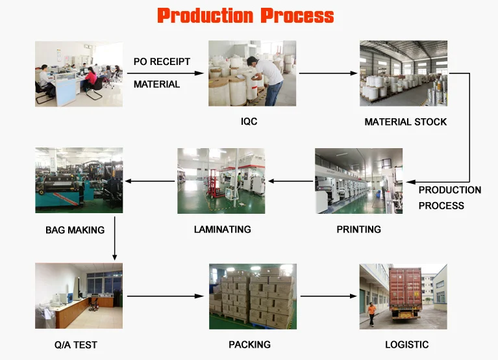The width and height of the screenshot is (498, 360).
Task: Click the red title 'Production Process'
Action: pos(245,16)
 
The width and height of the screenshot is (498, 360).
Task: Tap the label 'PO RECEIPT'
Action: pos(162,61)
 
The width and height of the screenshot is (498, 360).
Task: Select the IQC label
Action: pos(249,122)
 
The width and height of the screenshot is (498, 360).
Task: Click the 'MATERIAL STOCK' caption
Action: pos(406,122)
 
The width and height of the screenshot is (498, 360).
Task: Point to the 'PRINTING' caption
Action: pos(358,229)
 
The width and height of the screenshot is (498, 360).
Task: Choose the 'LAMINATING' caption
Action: pos(222,229)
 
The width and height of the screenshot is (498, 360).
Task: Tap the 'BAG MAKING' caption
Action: pos(75,230)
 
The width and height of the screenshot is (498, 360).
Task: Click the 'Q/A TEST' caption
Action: pos(75,345)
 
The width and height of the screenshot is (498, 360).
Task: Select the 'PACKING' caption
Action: pos(249,344)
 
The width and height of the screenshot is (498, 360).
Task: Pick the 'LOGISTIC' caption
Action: pos(407,344)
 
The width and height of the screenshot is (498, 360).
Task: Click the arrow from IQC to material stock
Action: pos(328,73)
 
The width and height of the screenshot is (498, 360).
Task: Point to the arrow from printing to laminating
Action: pos(290,181)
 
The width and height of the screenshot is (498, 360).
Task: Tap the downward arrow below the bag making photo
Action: pos(115,238)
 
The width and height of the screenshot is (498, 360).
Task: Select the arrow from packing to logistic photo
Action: pos(329,296)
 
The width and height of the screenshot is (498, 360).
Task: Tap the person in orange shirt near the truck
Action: pos(371,314)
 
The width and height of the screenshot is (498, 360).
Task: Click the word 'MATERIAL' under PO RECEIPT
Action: pos(156,84)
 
